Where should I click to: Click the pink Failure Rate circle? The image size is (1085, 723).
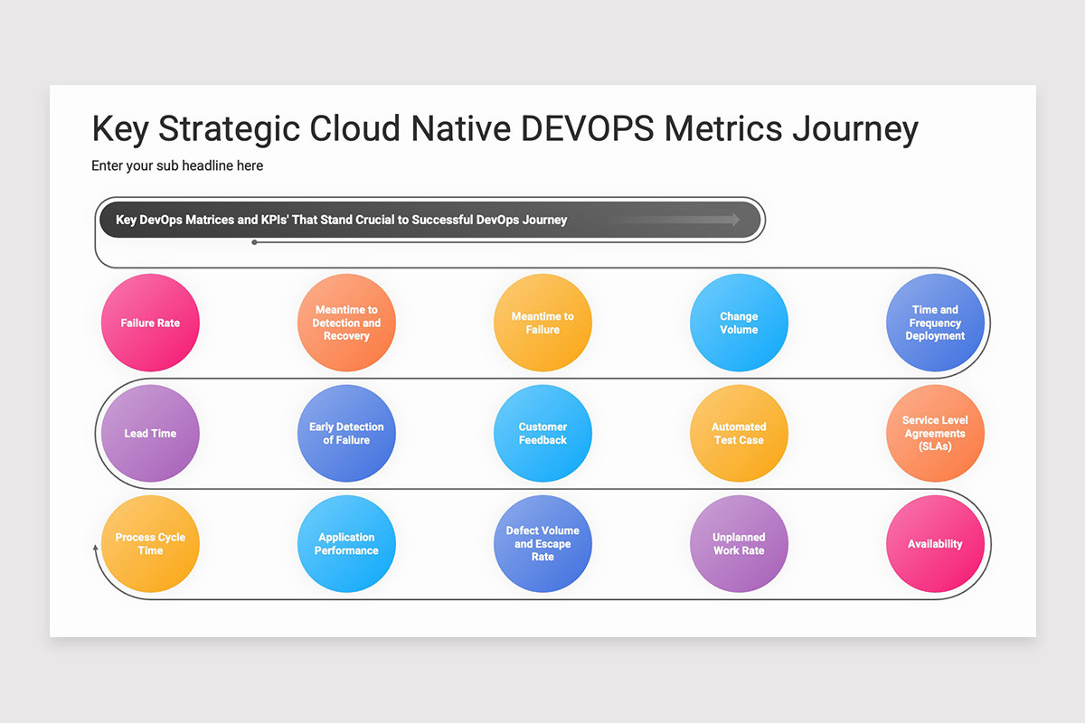pos(150,323)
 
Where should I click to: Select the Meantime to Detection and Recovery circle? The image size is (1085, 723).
pos(346,323)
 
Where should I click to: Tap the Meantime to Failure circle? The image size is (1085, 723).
pos(542,323)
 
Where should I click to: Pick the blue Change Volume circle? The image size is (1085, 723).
pos(739,323)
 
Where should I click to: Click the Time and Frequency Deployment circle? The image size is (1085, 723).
pos(935,323)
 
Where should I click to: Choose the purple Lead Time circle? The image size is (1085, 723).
pos(150,433)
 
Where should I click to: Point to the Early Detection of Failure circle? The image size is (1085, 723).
pos(346,433)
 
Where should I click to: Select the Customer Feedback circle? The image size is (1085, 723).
pos(542,433)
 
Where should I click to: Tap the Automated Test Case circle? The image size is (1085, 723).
pos(739,433)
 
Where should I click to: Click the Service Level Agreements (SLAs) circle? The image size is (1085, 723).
pos(935,433)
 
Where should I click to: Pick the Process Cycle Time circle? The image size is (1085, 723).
pos(150,543)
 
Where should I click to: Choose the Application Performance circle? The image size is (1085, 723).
pos(346,543)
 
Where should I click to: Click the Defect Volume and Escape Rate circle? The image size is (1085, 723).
pos(542,543)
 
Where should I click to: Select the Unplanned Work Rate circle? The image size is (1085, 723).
pos(739,543)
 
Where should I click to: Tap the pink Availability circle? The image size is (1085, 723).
pos(935,543)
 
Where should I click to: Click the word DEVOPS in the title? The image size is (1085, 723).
pos(589,129)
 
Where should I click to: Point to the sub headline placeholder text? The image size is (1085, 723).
pos(177,166)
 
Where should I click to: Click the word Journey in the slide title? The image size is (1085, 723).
pos(854,129)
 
